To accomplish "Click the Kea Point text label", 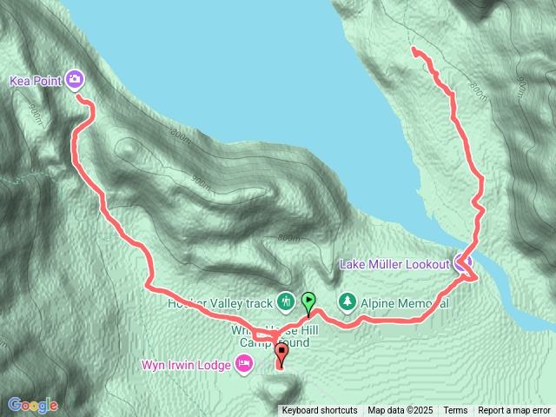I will coord(36,81).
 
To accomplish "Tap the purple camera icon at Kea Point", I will coord(74,80).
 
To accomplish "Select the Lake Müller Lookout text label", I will coord(395,263).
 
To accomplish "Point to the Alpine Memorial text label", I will coord(404,303).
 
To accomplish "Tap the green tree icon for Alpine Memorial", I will coord(347,301).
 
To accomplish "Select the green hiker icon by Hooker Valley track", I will coord(286,301).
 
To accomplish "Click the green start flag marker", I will coord(308,301).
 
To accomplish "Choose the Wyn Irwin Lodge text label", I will coord(188,364).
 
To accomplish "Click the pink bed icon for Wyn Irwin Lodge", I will coord(244,364).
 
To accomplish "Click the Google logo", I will coord(32,405).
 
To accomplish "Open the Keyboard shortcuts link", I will coord(319,411).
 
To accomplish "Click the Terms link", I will coord(455,411).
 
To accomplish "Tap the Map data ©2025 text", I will coord(400,411).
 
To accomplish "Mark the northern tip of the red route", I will coord(413,48).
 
